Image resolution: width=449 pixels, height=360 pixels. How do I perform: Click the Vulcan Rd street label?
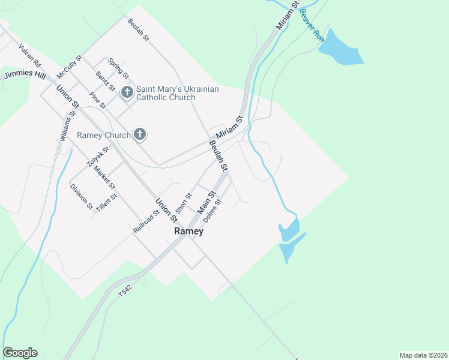tap(29, 55)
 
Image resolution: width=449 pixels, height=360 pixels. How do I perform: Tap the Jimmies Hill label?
tap(25, 75)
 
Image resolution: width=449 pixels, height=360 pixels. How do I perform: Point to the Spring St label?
tap(118, 68)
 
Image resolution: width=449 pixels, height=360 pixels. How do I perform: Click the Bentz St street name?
tap(105, 81)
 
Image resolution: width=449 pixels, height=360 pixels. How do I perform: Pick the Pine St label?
tap(97, 100)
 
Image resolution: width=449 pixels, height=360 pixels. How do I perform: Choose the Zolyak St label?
tap(97, 156)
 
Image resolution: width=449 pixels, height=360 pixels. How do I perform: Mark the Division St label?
tap(81, 196)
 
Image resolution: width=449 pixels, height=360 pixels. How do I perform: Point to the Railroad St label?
tap(146, 220)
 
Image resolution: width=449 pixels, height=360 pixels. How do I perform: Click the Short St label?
tap(183, 203)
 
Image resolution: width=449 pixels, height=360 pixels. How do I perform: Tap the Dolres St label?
tap(212, 211)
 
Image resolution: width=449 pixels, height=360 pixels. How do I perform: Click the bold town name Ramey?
tap(188, 231)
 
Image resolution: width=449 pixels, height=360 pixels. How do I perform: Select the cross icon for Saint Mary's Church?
tap(127, 92)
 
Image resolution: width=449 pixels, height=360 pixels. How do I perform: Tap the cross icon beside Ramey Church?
tap(140, 134)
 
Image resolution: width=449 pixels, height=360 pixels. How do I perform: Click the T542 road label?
tap(125, 290)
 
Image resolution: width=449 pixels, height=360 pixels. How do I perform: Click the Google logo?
tap(20, 353)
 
